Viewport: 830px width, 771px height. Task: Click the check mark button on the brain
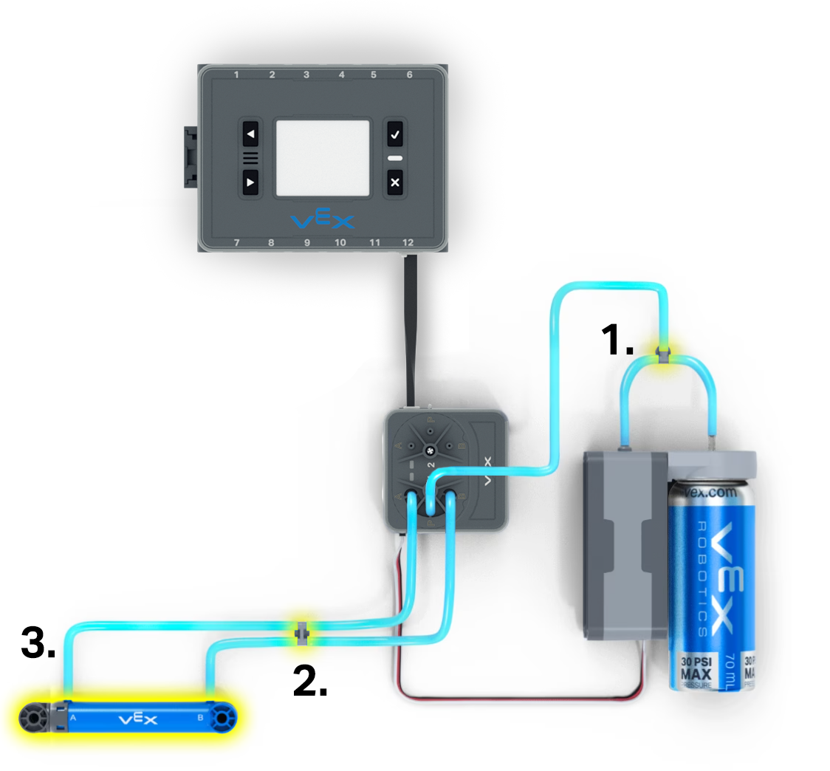pyautogui.click(x=395, y=135)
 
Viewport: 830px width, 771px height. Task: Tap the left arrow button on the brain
pyautogui.click(x=251, y=135)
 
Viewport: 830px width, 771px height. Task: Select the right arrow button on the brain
pyautogui.click(x=251, y=182)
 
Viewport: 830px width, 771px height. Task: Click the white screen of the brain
pyautogui.click(x=322, y=158)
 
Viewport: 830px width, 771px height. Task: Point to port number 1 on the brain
pyautogui.click(x=236, y=75)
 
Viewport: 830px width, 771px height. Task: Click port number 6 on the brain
pyautogui.click(x=410, y=75)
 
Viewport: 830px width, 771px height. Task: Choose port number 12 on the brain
pyautogui.click(x=408, y=242)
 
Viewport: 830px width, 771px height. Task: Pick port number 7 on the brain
pyautogui.click(x=236, y=242)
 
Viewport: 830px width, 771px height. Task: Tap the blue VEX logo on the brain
pyautogui.click(x=323, y=220)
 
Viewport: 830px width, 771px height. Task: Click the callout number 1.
pyautogui.click(x=617, y=340)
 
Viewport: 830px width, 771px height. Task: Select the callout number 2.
pyautogui.click(x=310, y=681)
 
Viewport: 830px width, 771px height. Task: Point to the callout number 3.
pyautogui.click(x=38, y=642)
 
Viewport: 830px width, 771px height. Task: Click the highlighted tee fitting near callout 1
pyautogui.click(x=662, y=354)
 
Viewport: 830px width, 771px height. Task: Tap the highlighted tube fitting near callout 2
pyautogui.click(x=301, y=633)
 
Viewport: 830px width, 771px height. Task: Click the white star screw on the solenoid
pyautogui.click(x=429, y=450)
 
